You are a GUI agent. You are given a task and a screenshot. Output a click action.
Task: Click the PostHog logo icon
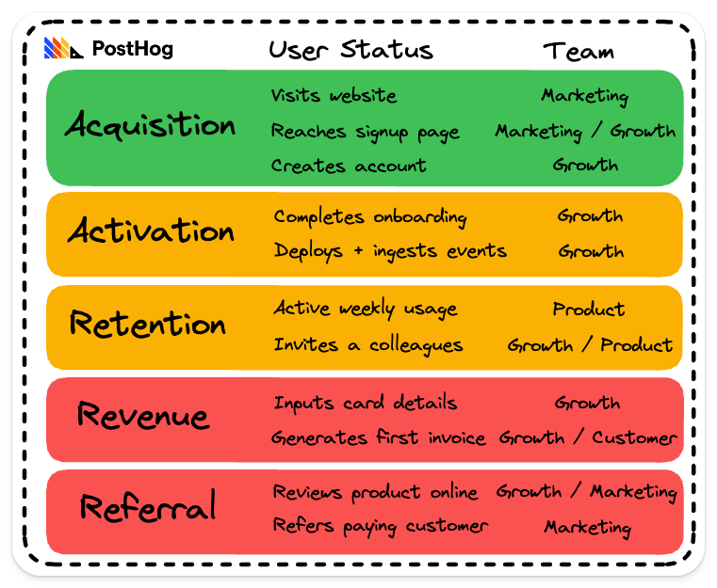click(x=64, y=49)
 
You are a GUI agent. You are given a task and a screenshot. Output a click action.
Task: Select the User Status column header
click(x=350, y=50)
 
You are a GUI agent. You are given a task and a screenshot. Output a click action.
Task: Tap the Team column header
click(x=578, y=51)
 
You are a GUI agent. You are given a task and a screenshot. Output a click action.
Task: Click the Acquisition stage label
click(x=150, y=126)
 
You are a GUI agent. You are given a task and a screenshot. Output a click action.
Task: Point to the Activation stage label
click(x=151, y=231)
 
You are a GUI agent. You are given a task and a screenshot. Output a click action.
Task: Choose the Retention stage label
click(x=148, y=324)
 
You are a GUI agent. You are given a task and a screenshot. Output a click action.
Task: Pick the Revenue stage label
click(x=142, y=415)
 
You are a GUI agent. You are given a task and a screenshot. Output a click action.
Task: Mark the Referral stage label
click(x=147, y=507)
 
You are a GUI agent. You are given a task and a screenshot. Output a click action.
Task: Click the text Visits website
click(x=334, y=96)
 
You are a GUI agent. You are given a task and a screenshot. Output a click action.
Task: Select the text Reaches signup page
click(x=365, y=132)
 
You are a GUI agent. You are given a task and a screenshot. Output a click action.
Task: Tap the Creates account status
click(x=348, y=167)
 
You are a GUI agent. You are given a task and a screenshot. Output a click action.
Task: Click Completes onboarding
click(x=369, y=217)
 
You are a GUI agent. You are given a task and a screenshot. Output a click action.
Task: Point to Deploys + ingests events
click(x=390, y=251)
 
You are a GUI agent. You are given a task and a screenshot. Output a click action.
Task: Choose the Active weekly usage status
click(x=365, y=309)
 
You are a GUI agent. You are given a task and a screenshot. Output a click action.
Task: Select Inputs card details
click(x=365, y=403)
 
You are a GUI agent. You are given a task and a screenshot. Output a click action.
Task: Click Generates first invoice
click(x=378, y=438)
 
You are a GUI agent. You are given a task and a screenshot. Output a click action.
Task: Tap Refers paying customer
click(x=380, y=526)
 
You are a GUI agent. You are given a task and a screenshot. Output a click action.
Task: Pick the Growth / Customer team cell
click(x=587, y=438)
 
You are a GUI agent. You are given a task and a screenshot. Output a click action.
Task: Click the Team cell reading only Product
click(x=588, y=310)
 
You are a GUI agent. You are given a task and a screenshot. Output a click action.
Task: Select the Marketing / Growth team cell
click(x=585, y=132)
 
